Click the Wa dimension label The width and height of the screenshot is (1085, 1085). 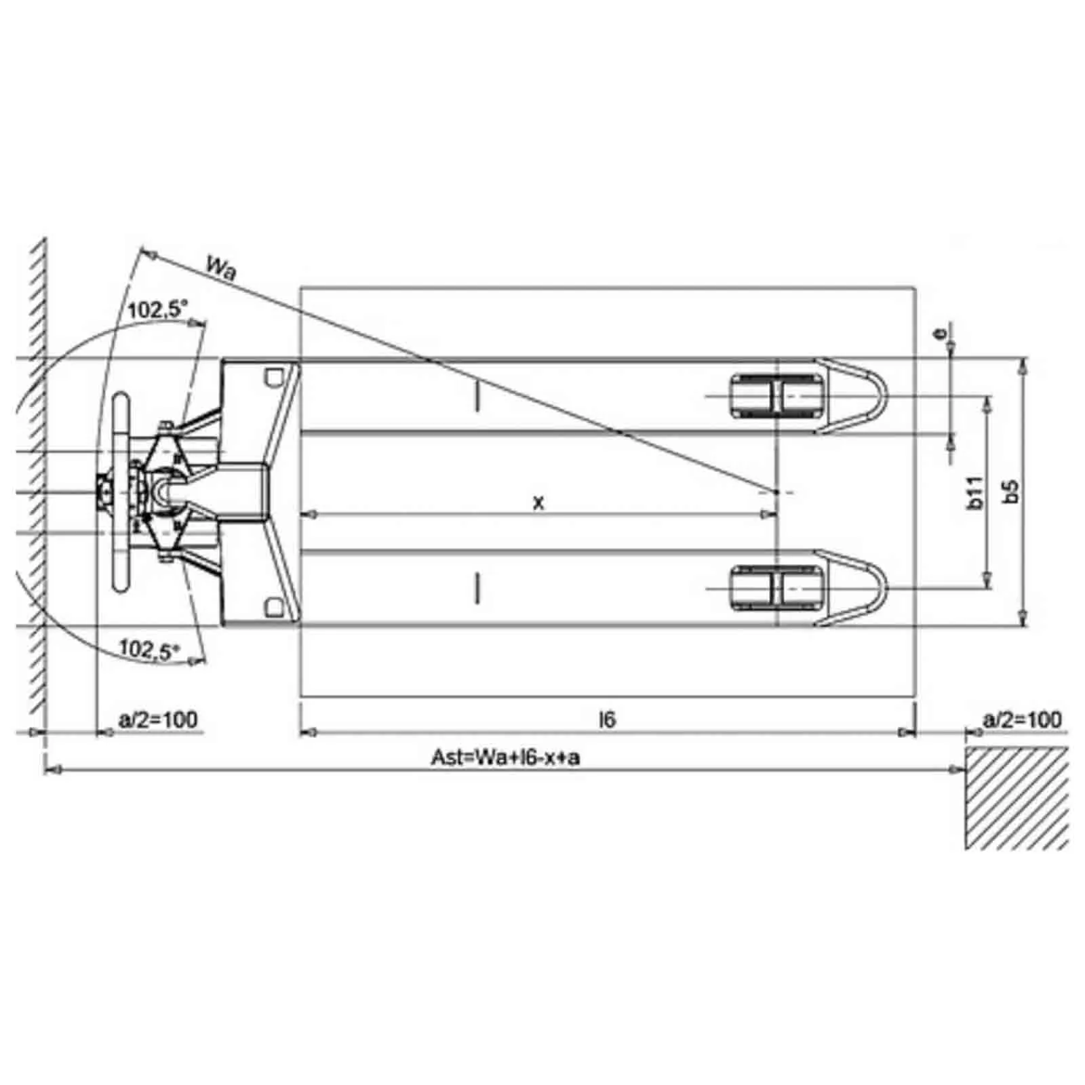[222, 269]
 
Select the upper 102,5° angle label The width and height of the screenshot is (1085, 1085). [157, 310]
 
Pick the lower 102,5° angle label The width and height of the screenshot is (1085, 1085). [149, 648]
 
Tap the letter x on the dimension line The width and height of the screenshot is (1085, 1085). [538, 503]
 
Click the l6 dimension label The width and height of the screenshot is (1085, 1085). [608, 719]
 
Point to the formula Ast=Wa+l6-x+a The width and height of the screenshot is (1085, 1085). [505, 757]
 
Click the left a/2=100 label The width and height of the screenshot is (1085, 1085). [158, 719]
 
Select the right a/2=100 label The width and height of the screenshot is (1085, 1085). [1021, 719]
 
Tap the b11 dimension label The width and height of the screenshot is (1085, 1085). [975, 492]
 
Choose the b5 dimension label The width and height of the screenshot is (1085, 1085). [1011, 492]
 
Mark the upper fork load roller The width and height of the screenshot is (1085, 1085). [777, 395]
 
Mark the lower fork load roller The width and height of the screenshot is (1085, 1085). [777, 588]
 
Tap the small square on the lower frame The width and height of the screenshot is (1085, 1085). [273, 607]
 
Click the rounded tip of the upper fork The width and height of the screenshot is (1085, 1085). [882, 395]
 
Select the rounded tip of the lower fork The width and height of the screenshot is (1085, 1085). [882, 588]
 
